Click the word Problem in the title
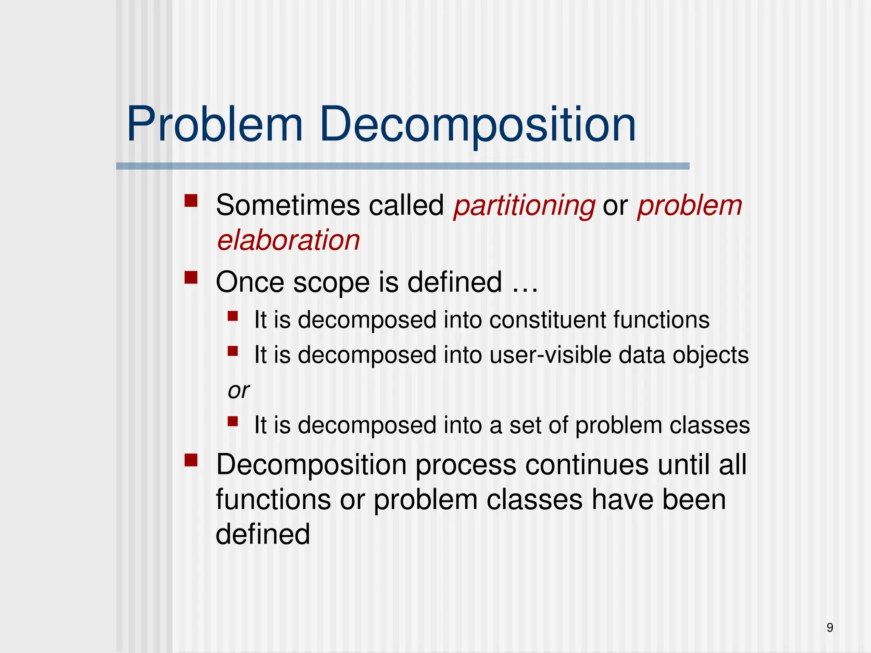[x=215, y=125]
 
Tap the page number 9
[x=830, y=627]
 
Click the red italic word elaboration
[x=288, y=240]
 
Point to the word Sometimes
[x=288, y=206]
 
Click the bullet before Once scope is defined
[x=191, y=278]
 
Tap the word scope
[x=331, y=282]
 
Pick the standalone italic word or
[x=238, y=390]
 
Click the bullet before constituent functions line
[x=233, y=316]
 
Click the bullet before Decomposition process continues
[x=191, y=460]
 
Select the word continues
[x=586, y=465]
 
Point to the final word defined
[x=262, y=534]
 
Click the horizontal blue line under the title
[x=402, y=166]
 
